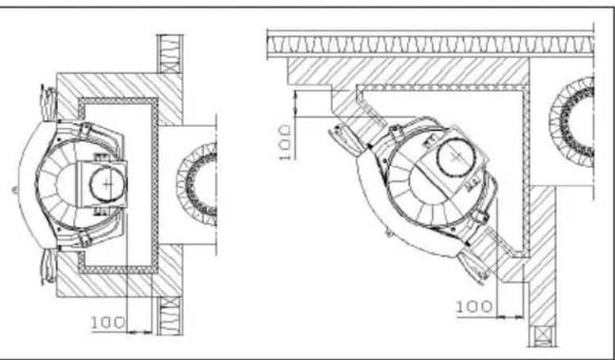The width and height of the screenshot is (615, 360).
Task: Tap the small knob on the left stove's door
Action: coord(14,189)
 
